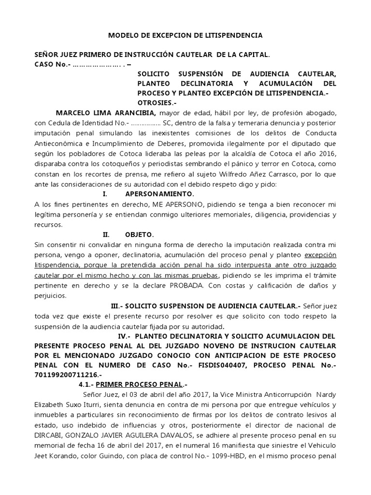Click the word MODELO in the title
121,36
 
